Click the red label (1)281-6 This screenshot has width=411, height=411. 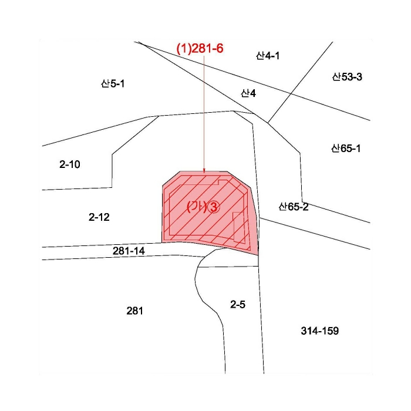200,49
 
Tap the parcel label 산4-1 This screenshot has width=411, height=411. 268,56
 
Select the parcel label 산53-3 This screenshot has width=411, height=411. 347,77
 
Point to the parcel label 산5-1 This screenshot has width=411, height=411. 113,83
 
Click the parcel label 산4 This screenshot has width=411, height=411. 248,93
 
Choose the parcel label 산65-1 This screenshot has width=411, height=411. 346,149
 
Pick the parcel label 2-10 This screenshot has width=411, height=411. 70,164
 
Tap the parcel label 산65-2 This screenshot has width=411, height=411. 294,207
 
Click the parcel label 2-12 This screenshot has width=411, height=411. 99,217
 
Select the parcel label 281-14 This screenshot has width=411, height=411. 129,251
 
